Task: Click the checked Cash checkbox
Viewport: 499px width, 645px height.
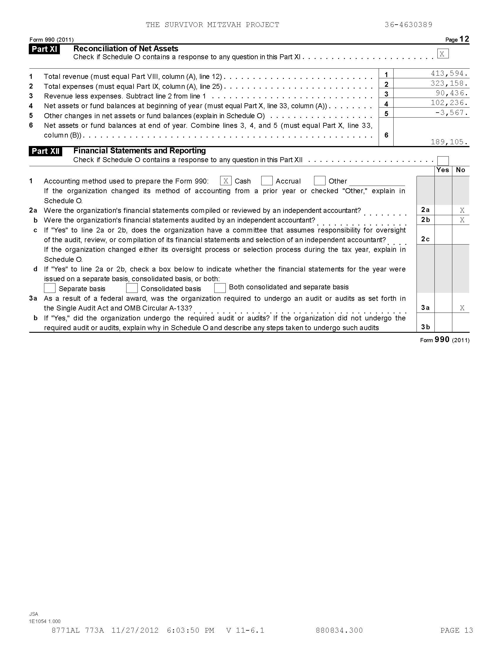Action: coord(225,181)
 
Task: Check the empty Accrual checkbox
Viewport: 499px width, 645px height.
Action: coord(267,181)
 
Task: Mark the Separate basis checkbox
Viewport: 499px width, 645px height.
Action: coord(50,288)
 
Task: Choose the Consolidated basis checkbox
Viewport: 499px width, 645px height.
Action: coord(132,288)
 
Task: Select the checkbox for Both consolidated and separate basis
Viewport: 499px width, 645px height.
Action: coord(220,288)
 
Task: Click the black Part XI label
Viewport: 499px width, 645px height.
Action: coord(44,49)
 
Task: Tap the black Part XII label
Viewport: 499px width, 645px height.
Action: coord(45,152)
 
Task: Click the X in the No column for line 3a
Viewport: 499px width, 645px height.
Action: coord(462,308)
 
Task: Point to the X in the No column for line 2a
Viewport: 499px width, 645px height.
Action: coord(462,210)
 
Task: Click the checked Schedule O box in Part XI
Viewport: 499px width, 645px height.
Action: coord(443,54)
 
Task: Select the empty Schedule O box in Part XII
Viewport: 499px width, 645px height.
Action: coord(443,161)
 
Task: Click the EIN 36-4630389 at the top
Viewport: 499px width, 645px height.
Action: coord(409,25)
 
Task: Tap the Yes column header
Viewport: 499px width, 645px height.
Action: coord(443,170)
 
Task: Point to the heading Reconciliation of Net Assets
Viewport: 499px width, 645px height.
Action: coord(126,49)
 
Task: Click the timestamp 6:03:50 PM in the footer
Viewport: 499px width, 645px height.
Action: coord(191,631)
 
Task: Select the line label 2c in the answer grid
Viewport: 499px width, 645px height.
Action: coord(425,239)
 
